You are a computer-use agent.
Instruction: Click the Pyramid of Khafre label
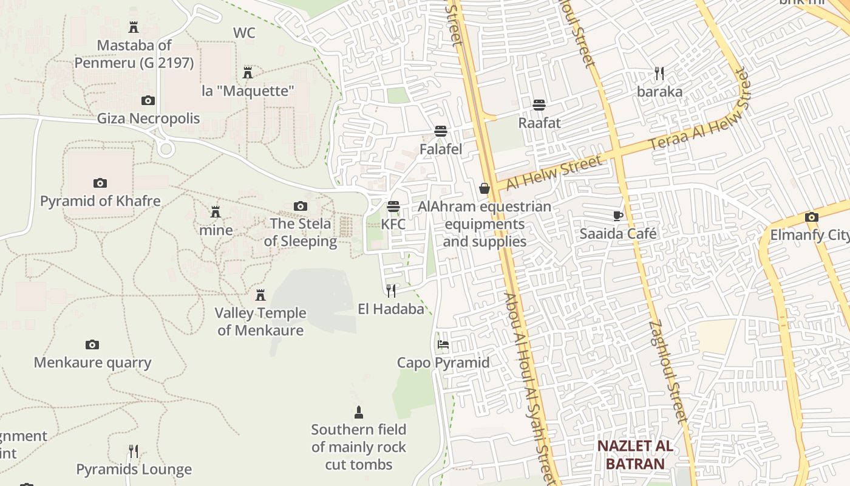pyautogui.click(x=100, y=201)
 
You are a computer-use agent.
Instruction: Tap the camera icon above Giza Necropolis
pyautogui.click(x=148, y=100)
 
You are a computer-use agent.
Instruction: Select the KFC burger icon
pyautogui.click(x=393, y=207)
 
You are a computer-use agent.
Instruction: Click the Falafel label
pyautogui.click(x=441, y=149)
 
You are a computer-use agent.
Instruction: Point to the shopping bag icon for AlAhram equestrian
pyautogui.click(x=484, y=188)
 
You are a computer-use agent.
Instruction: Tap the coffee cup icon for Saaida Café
pyautogui.click(x=617, y=216)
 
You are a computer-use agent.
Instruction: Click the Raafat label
pyautogui.click(x=539, y=123)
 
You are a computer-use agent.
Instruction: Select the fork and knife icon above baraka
pyautogui.click(x=659, y=74)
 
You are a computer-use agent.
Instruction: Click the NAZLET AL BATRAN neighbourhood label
pyautogui.click(x=635, y=454)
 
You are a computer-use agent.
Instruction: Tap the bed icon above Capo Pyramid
pyautogui.click(x=443, y=344)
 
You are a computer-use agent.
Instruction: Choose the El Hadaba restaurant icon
pyautogui.click(x=391, y=291)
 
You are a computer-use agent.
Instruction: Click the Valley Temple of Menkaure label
pyautogui.click(x=260, y=321)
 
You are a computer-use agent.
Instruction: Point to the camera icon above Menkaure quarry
pyautogui.click(x=92, y=344)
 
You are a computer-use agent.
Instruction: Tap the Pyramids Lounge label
pyautogui.click(x=134, y=470)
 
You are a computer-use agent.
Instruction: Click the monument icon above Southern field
pyautogui.click(x=359, y=412)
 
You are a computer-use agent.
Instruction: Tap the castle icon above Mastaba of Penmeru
pyautogui.click(x=134, y=27)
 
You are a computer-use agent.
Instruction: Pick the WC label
pyautogui.click(x=244, y=33)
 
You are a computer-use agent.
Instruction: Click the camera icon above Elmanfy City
pyautogui.click(x=811, y=217)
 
